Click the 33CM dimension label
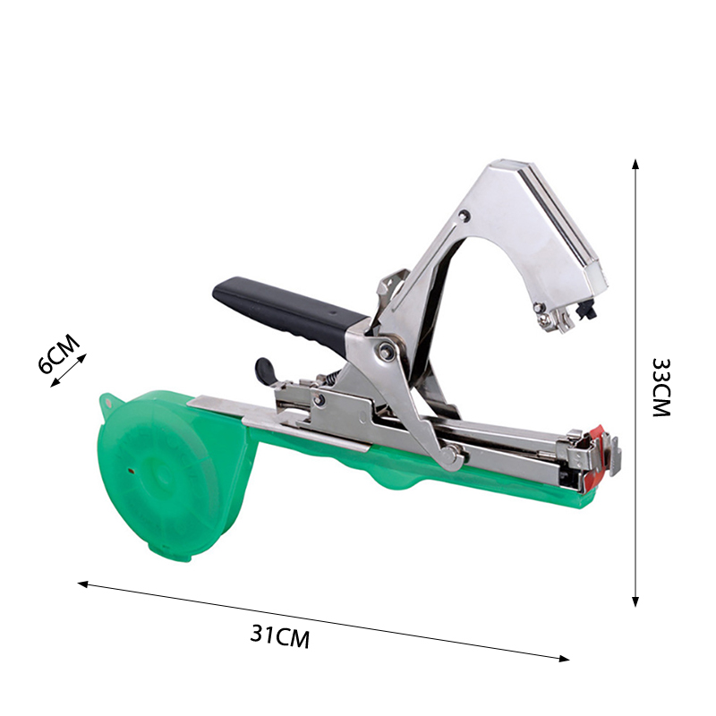[661, 388]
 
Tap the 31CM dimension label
[280, 635]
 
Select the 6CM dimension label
[58, 354]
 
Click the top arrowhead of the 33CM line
[635, 164]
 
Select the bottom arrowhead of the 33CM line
[635, 601]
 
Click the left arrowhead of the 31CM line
[82, 584]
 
